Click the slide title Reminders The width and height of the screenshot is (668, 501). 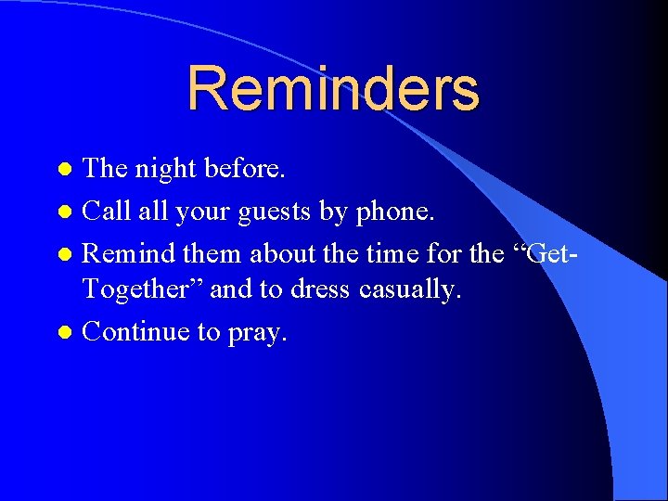(333, 88)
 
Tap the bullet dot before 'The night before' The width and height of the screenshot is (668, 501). (64, 171)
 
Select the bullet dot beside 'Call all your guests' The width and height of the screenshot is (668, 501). (64, 212)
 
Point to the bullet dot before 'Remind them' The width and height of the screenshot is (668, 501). (64, 253)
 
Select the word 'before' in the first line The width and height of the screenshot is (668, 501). (246, 168)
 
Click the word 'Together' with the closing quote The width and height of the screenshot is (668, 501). (143, 290)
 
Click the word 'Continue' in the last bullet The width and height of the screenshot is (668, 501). (136, 332)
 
